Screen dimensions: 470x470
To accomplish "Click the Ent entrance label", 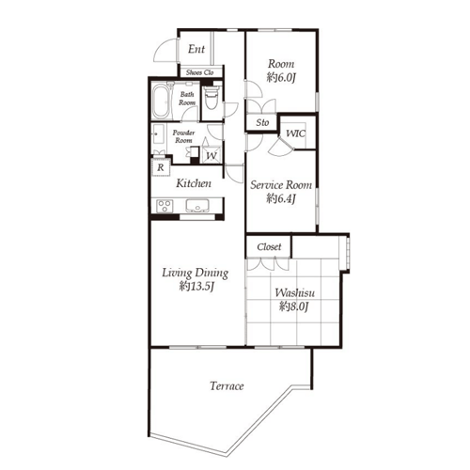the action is [x=196, y=49].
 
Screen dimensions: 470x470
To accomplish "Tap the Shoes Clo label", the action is [x=200, y=72].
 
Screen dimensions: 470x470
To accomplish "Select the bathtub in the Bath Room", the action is [x=163, y=102].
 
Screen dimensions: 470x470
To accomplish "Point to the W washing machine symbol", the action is [x=211, y=155].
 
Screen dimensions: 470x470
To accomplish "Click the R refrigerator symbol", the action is [x=161, y=167].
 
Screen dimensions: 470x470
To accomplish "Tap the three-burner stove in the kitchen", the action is [x=164, y=206].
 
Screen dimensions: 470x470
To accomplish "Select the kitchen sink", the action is [x=197, y=206].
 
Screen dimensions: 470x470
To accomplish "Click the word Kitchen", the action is [x=194, y=183].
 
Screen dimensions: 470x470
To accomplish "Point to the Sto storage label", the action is [x=262, y=122].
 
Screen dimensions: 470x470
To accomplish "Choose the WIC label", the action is [x=295, y=133].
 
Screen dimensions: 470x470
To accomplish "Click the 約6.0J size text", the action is [x=281, y=77].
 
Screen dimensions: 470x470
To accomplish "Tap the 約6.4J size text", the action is [x=281, y=198].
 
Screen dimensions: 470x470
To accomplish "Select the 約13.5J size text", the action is [x=196, y=286].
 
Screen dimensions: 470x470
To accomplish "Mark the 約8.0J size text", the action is [x=294, y=306].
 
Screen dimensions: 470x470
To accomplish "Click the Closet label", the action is [x=269, y=247].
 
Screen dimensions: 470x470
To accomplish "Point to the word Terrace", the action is [x=227, y=386].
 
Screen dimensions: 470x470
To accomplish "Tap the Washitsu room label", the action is [x=294, y=293].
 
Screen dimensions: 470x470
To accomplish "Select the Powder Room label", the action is [x=183, y=136].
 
